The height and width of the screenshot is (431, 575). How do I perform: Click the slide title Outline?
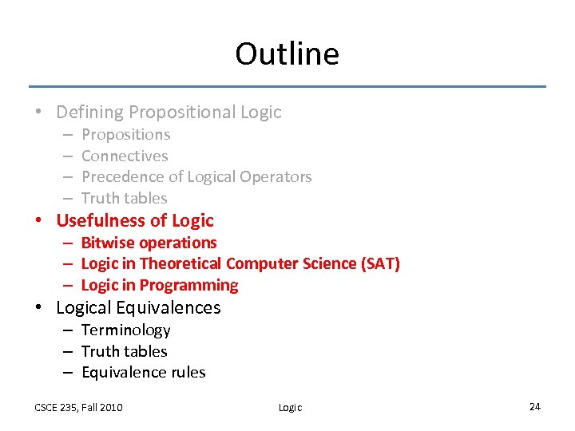pos(287,54)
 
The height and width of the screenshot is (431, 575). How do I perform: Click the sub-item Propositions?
pos(125,135)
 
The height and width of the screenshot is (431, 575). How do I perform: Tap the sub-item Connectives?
pos(125,156)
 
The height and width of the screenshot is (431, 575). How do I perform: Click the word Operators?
pos(277,176)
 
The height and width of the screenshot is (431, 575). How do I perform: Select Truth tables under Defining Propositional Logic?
pos(124,198)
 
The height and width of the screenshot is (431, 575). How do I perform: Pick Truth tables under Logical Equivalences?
pos(124,351)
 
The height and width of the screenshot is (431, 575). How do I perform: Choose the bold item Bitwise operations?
pos(149,243)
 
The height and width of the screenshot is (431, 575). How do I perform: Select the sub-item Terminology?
pos(125,330)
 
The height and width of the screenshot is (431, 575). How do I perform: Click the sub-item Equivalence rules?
pos(143,372)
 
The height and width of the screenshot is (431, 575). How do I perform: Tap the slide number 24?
pos(534,407)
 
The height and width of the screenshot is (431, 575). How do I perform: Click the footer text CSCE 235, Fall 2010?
pos(78,407)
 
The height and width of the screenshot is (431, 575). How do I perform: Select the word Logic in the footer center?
pos(290,407)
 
